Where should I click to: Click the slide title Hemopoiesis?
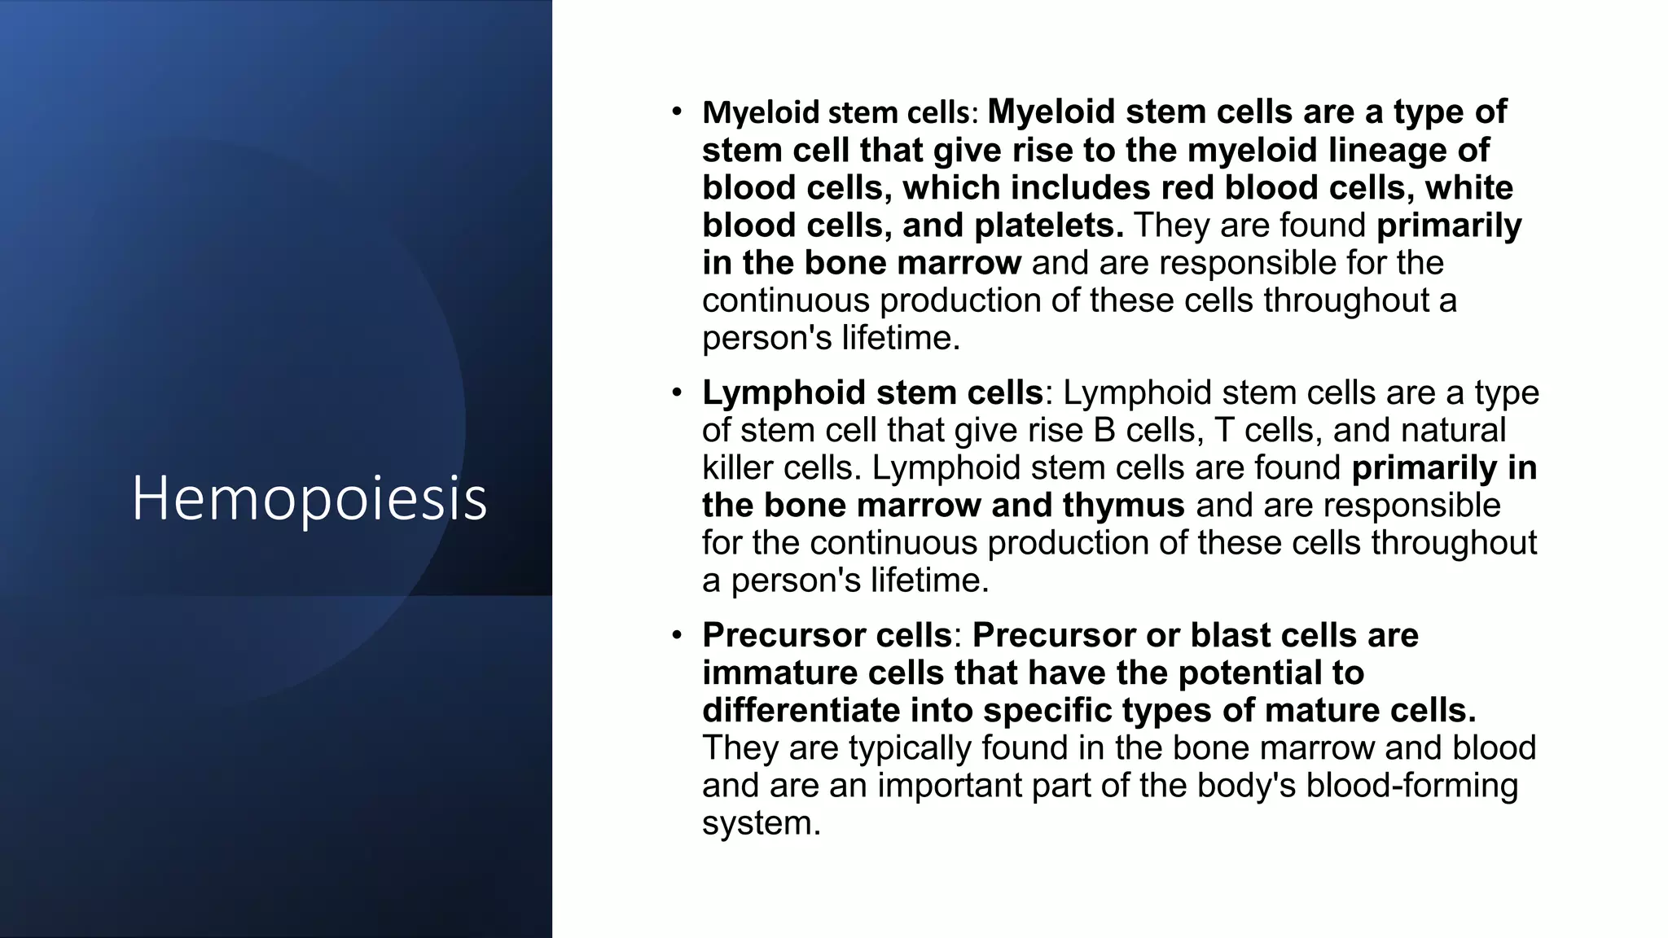coord(309,497)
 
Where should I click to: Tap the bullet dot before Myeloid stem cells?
coord(677,112)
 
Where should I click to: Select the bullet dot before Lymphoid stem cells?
coord(677,393)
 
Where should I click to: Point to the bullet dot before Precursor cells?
coord(677,635)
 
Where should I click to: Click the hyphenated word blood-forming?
coord(1412,786)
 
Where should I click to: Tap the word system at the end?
coord(761,823)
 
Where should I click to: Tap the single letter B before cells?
coord(1104,431)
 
